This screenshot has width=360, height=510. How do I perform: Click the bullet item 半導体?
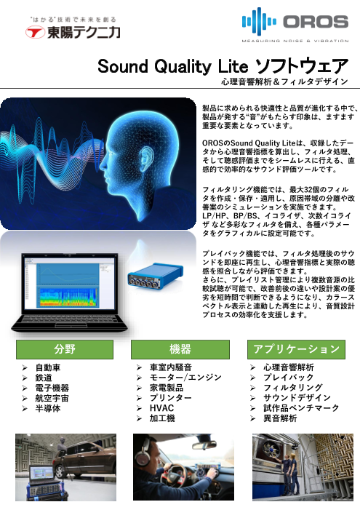[x=48, y=409]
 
